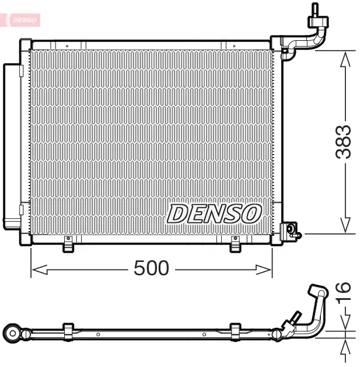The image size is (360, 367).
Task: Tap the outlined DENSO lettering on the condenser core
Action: point(214,214)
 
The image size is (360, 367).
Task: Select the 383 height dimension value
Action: point(344,142)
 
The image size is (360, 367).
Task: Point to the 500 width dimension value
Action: point(151,268)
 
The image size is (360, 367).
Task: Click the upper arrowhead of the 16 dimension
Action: point(345,322)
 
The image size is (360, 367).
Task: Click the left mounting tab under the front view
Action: point(69,246)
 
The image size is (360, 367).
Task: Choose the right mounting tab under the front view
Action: point(235,246)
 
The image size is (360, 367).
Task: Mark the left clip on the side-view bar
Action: point(68,331)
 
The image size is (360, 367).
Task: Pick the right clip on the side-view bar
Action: point(235,331)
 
